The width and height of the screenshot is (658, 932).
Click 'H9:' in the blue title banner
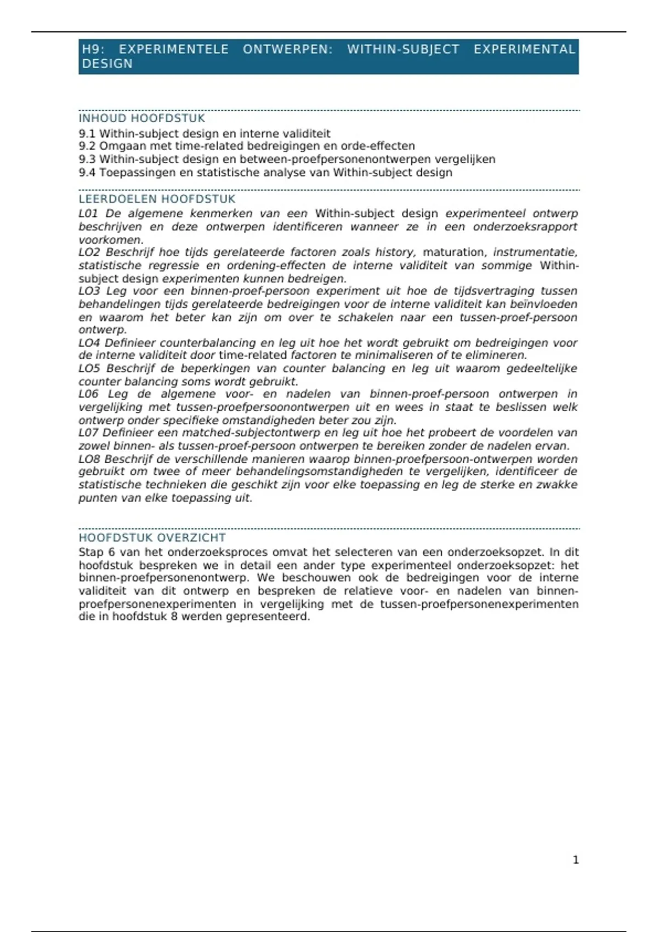tap(93, 49)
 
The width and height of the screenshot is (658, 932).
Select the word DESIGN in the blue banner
tap(107, 64)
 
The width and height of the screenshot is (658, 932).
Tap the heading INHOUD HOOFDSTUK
tap(141, 118)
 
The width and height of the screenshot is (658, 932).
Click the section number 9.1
tap(87, 134)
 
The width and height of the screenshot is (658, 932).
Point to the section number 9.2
tap(87, 146)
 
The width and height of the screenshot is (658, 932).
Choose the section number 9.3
tap(87, 160)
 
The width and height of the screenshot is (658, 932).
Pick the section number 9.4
tap(87, 173)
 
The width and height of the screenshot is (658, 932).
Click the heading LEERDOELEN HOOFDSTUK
tap(157, 199)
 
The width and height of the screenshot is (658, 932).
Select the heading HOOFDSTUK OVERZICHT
tap(152, 538)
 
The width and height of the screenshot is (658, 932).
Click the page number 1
tap(576, 860)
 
